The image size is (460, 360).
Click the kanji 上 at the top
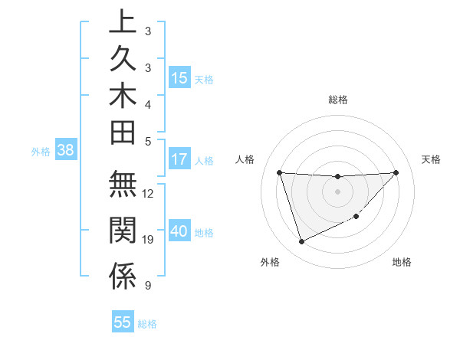tap(123, 21)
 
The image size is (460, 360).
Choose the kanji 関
tap(123, 231)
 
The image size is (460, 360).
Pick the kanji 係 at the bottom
tap(123, 277)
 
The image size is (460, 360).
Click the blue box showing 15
tap(179, 78)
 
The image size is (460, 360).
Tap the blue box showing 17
tap(179, 160)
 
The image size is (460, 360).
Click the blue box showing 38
tap(66, 151)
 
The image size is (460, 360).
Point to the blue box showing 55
tap(123, 322)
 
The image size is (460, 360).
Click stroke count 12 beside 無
tap(148, 193)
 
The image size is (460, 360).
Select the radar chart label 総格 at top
tap(337, 100)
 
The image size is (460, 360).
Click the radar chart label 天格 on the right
tap(432, 159)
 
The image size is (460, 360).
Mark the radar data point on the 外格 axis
tap(301, 242)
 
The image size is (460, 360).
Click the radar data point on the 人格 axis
tap(279, 172)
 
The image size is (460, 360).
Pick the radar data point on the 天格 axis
tap(396, 172)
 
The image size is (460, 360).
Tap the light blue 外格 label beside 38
tap(41, 152)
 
